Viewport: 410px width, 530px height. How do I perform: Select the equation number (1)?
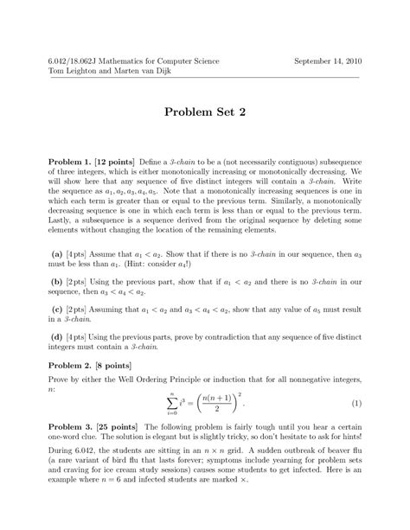coord(356,404)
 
